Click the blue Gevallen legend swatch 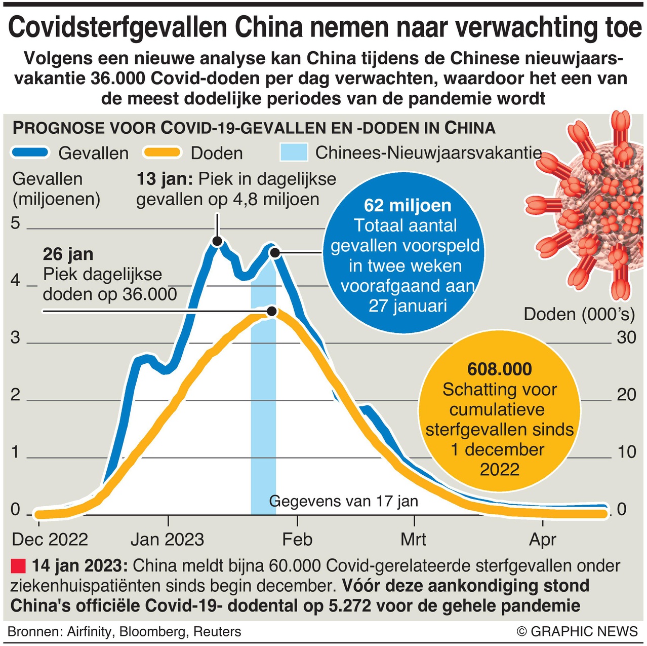click(30, 153)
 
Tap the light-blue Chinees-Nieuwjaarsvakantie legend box click(294, 153)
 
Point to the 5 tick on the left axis click(16, 223)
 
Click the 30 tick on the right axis click(626, 337)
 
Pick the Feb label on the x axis click(297, 540)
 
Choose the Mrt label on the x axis click(414, 540)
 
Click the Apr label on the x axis click(543, 540)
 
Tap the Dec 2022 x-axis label click(50, 540)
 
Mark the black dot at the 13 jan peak click(217, 241)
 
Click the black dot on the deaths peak click(272, 311)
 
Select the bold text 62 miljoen click(407, 206)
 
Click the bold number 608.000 click(500, 369)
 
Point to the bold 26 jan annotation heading click(68, 254)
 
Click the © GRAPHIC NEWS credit click(577, 631)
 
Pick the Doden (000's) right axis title click(579, 314)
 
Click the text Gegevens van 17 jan click(343, 501)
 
